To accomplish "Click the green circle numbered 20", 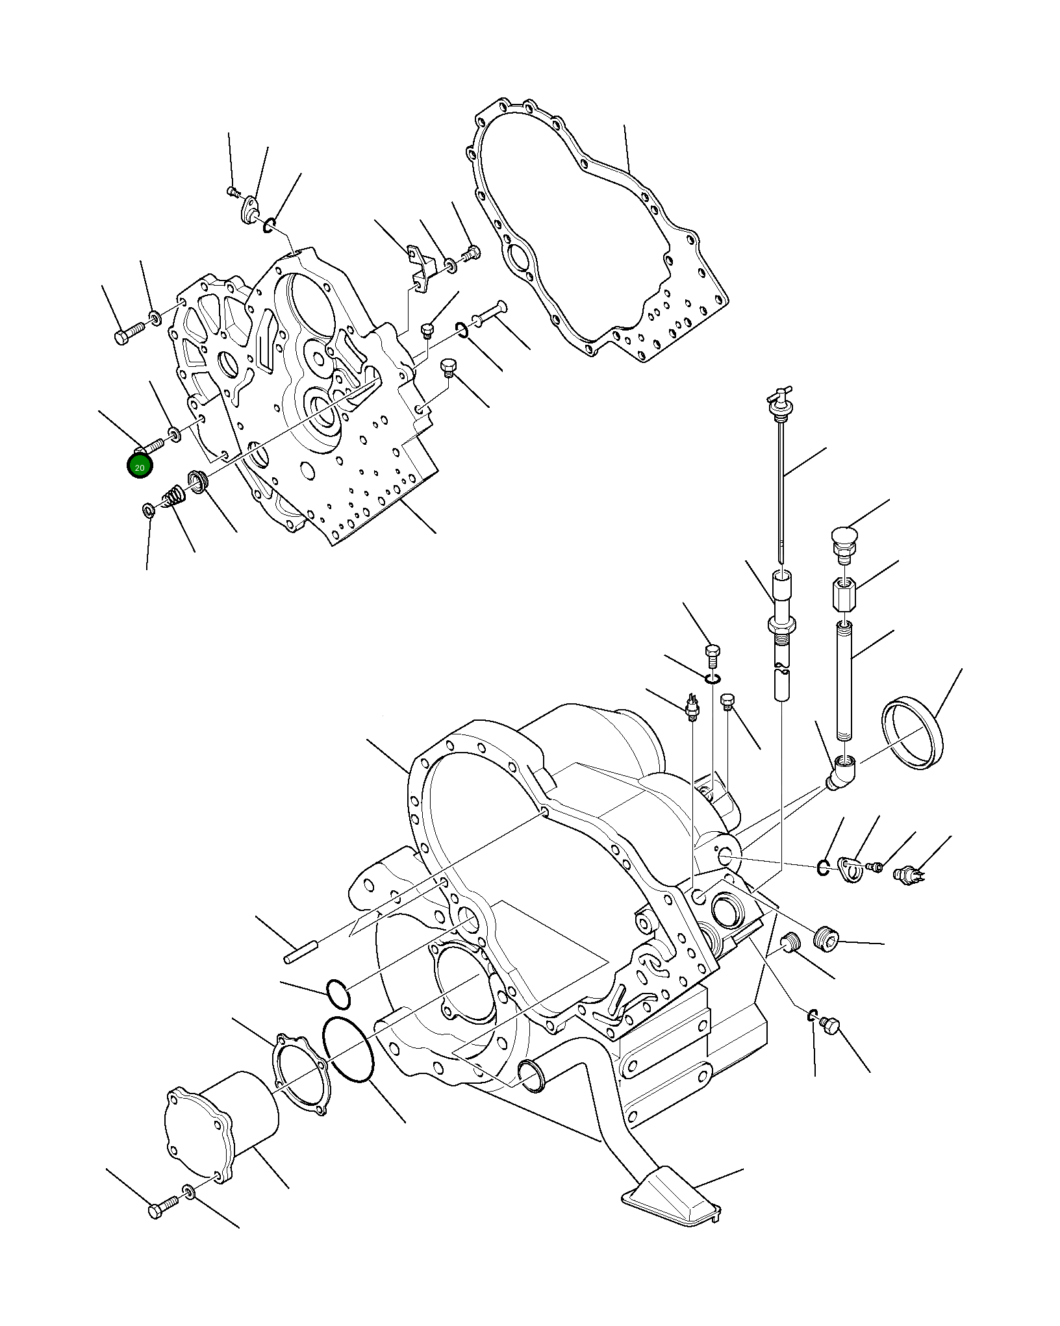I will [x=140, y=467].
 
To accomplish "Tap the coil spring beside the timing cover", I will [x=174, y=499].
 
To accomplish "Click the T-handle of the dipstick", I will [x=777, y=397].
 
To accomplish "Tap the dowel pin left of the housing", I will [x=299, y=958].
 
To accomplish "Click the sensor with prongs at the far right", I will [x=908, y=874].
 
